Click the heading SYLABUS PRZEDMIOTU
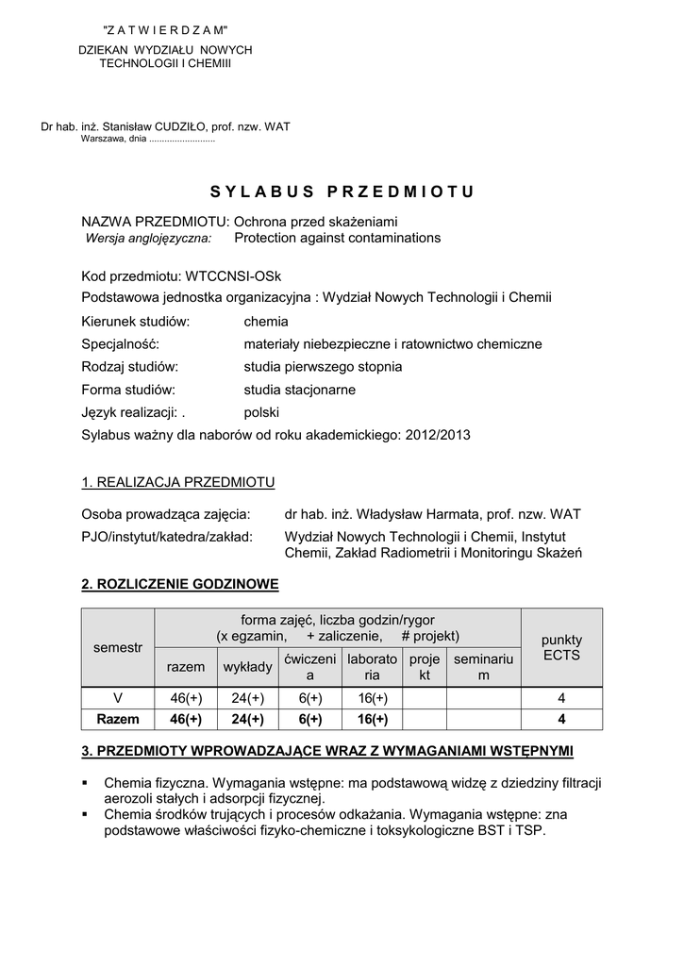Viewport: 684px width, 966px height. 342,192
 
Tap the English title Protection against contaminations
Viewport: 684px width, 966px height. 337,238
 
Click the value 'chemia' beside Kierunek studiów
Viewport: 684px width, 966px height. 266,322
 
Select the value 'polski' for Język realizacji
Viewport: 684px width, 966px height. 261,412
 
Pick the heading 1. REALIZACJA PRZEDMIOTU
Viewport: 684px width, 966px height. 178,483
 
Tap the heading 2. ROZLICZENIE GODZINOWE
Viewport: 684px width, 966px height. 180,585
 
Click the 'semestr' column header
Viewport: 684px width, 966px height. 118,648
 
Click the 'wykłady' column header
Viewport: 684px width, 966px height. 248,667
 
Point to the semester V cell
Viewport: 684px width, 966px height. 118,698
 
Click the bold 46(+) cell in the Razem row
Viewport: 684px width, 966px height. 186,719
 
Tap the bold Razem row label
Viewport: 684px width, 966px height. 118,719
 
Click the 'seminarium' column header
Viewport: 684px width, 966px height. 483,667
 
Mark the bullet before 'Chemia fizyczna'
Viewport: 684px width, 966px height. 86,783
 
